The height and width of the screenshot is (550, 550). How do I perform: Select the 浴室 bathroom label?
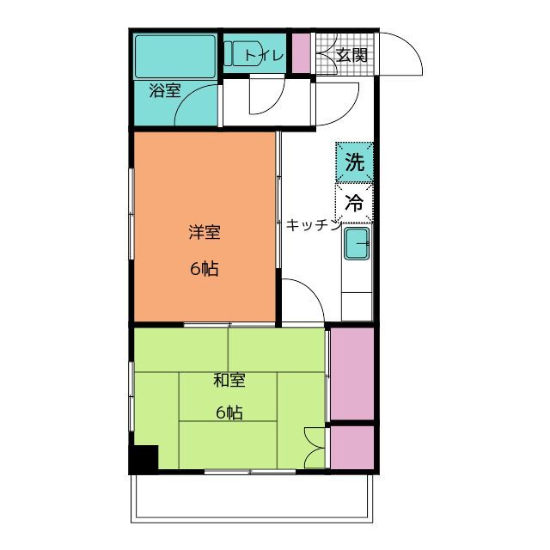(164, 90)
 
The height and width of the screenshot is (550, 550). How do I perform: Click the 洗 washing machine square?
(354, 161)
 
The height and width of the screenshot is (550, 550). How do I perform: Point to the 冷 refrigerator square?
(354, 204)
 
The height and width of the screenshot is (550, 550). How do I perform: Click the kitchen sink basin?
(357, 244)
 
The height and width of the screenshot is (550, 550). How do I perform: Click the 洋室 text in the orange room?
(205, 232)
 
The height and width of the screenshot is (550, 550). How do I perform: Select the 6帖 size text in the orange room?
(205, 269)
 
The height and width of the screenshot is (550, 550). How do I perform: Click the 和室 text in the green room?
(229, 378)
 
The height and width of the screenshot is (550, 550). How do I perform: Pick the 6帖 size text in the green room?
(229, 412)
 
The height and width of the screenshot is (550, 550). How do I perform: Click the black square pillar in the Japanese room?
(144, 459)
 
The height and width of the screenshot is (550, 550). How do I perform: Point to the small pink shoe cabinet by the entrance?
(301, 52)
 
